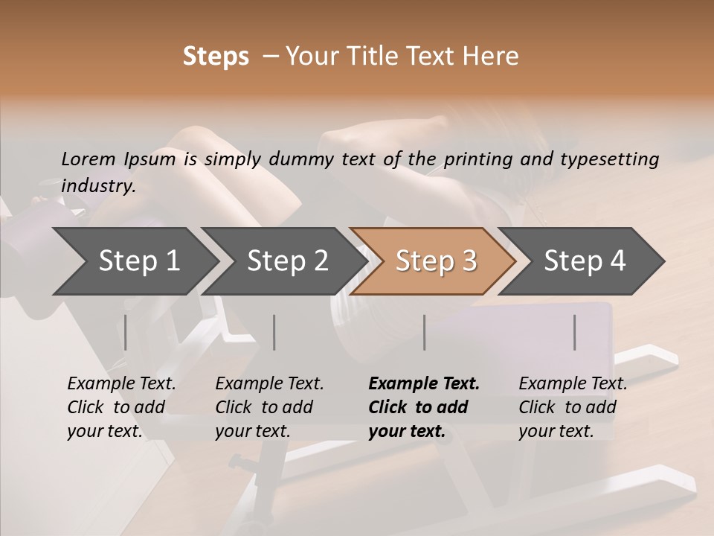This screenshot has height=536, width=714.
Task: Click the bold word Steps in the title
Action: (216, 57)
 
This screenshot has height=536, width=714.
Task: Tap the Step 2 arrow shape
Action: (287, 261)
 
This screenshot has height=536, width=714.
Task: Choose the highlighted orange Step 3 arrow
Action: (436, 261)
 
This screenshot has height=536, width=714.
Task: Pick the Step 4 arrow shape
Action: (585, 261)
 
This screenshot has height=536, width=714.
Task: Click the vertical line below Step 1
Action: (126, 332)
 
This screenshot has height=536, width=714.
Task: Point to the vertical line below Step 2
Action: (274, 332)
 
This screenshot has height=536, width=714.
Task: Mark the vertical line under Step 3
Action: (425, 332)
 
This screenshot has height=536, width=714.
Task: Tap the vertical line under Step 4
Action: (575, 332)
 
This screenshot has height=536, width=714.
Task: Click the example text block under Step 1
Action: (121, 407)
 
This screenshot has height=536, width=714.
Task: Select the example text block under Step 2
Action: (269, 407)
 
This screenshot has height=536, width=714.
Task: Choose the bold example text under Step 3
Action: (424, 407)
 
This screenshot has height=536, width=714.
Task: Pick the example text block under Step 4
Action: (573, 407)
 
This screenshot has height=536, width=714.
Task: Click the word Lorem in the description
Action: (89, 159)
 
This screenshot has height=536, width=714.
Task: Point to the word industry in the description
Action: (98, 186)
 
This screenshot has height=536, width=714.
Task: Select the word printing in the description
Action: (476, 159)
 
